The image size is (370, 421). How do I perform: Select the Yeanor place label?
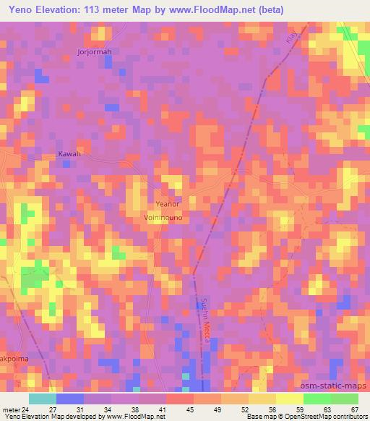pyautogui.click(x=167, y=204)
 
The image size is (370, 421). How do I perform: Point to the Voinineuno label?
pyautogui.click(x=167, y=216)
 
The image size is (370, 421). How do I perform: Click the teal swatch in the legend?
pyautogui.click(x=42, y=399)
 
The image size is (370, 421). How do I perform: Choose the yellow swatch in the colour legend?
pyautogui.click(x=289, y=399)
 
